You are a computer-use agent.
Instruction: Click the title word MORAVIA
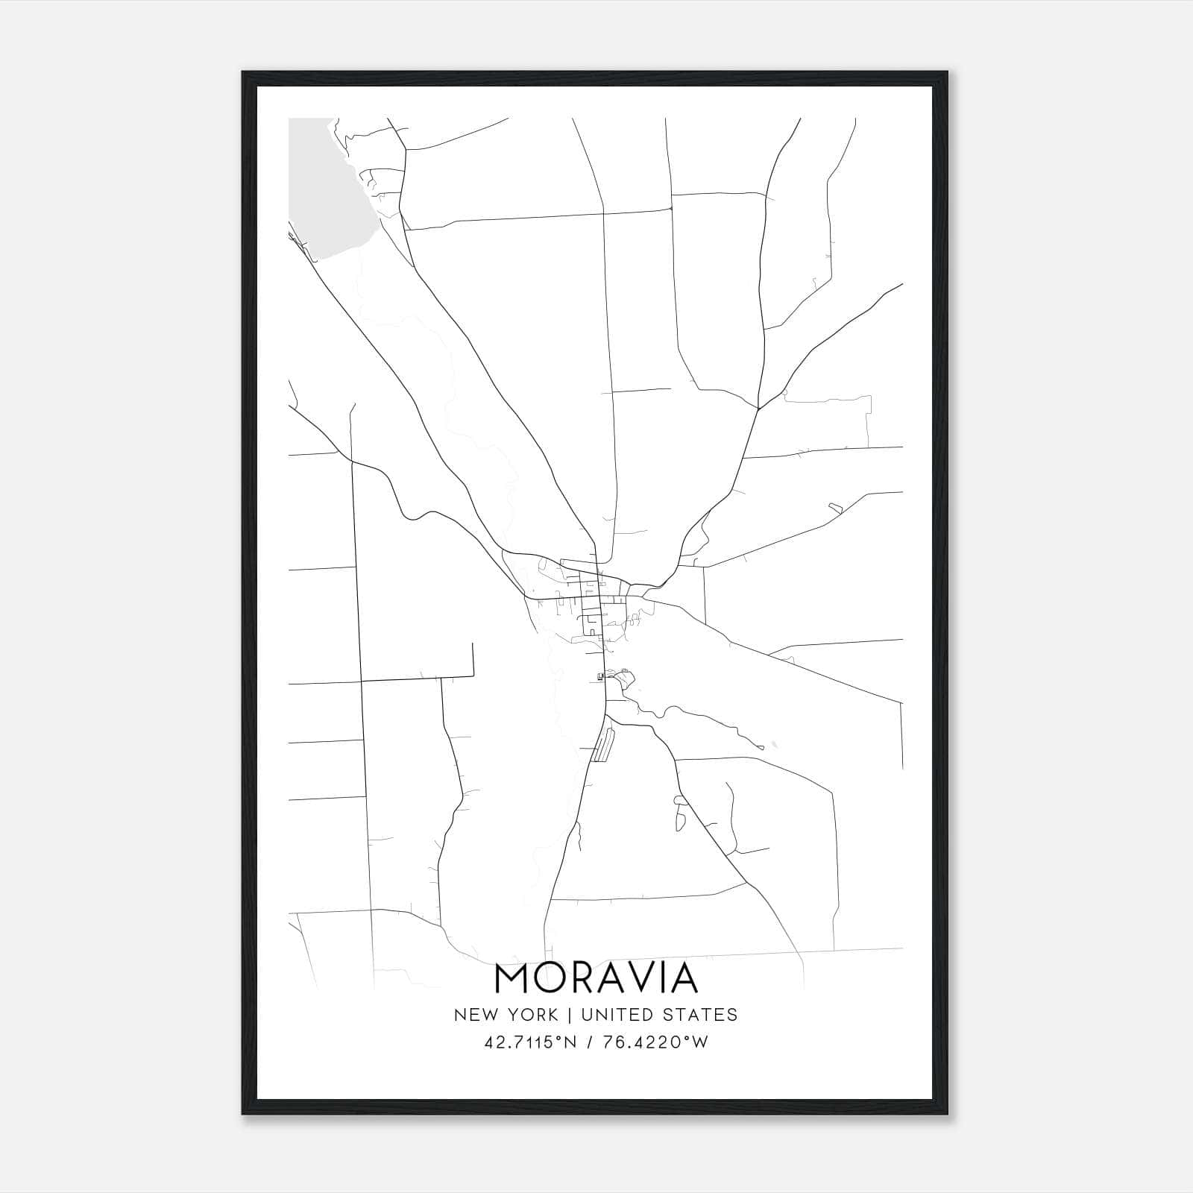[596, 978]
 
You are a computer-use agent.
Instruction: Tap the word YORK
[532, 1015]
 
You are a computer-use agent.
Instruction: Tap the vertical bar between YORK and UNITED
[570, 1015]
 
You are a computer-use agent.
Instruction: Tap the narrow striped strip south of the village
[603, 746]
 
